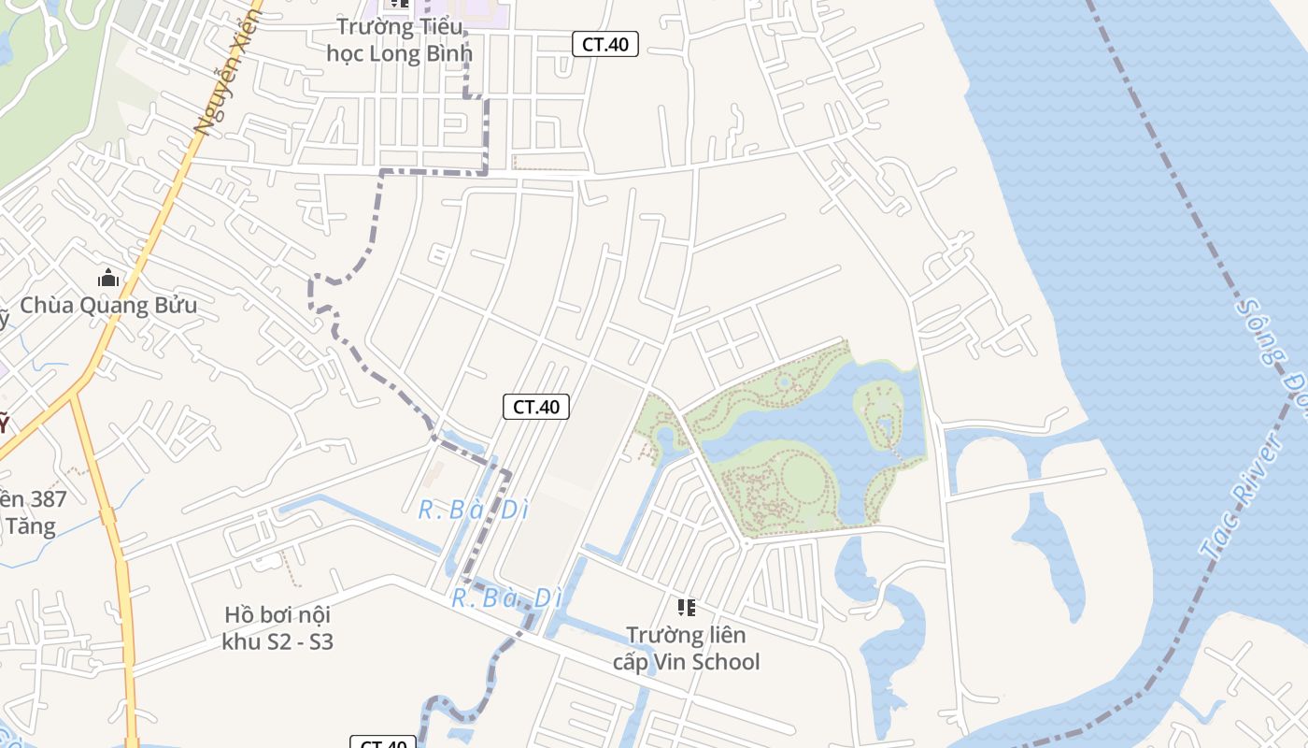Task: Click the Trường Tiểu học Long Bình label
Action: click(399, 40)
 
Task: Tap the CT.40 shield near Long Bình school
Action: click(605, 43)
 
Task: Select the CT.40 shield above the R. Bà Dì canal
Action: click(536, 407)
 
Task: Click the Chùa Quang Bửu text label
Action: click(108, 306)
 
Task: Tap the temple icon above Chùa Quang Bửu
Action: click(108, 278)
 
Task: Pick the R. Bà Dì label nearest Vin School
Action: click(506, 598)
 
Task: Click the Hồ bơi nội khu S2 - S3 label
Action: click(277, 628)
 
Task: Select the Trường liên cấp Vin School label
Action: click(686, 649)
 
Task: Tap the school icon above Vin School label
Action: click(687, 608)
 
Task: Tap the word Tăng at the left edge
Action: click(30, 526)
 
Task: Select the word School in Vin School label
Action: click(723, 662)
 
